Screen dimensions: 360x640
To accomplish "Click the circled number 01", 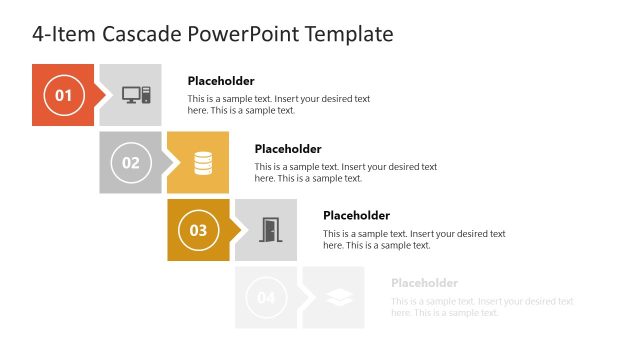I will pyautogui.click(x=63, y=95).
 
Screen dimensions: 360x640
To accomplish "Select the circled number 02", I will pyautogui.click(x=131, y=162).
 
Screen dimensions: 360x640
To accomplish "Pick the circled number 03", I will pyautogui.click(x=198, y=230).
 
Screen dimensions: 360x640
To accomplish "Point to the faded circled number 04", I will pyautogui.click(x=266, y=297).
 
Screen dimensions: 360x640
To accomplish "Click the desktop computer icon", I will pyautogui.click(x=136, y=95).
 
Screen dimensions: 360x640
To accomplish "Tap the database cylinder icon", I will pyautogui.click(x=203, y=162).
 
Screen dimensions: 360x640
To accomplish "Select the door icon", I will pyautogui.click(x=270, y=230).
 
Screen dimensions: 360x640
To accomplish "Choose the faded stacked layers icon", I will pyautogui.click(x=337, y=297).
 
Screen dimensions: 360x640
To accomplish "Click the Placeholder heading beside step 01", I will pyautogui.click(x=221, y=81).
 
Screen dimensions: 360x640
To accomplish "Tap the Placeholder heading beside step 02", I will pyautogui.click(x=288, y=149).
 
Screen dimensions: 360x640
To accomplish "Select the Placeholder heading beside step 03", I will pyautogui.click(x=356, y=215).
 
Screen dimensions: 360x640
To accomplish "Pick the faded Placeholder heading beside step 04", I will pyautogui.click(x=424, y=283).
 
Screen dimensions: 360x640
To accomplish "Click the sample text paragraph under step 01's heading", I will pyautogui.click(x=279, y=105).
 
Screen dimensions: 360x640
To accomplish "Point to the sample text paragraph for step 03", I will pyautogui.click(x=414, y=239).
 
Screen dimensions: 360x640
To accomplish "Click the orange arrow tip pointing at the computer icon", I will pyautogui.click(x=100, y=95).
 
